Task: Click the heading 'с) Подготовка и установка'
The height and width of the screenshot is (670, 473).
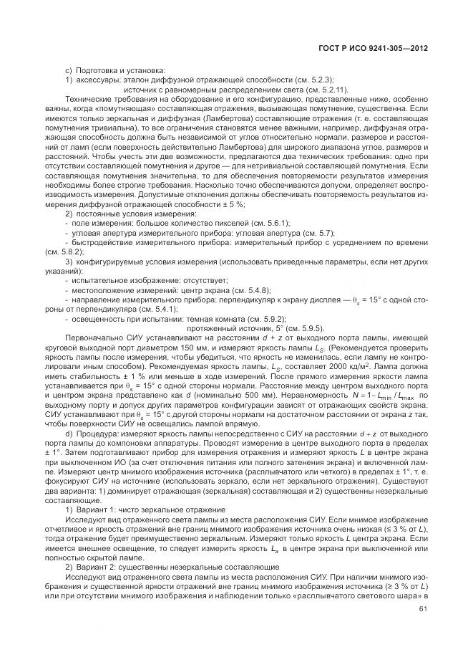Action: click(115, 70)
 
